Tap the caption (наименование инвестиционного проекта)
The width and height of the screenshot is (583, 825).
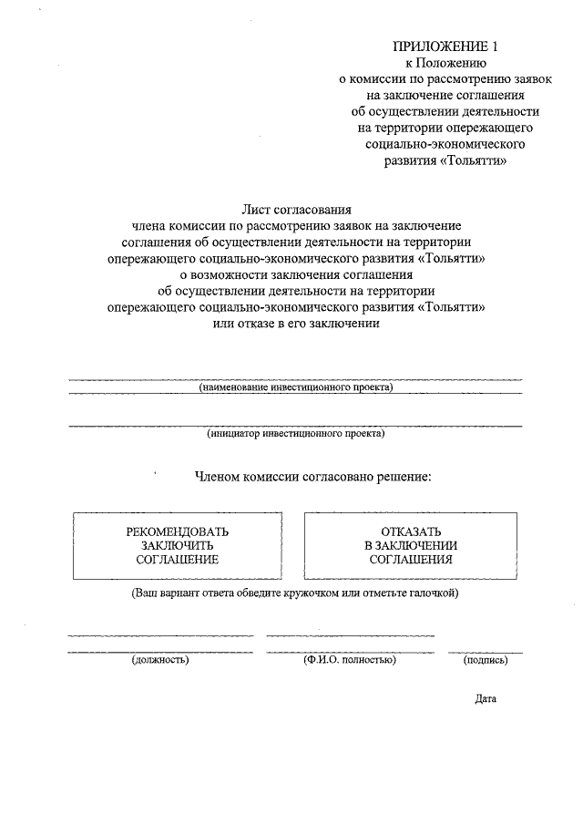pyautogui.click(x=295, y=387)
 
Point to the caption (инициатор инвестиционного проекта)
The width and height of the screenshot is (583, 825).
pyautogui.click(x=295, y=434)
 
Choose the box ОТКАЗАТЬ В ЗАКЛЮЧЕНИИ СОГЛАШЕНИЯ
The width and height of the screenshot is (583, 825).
pyautogui.click(x=411, y=546)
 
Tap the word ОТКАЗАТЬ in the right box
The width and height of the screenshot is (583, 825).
pyautogui.click(x=411, y=531)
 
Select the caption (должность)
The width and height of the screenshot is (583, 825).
pyautogui.click(x=159, y=660)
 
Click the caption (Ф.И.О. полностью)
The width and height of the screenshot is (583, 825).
pyautogui.click(x=350, y=660)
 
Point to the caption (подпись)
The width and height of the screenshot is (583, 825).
pyautogui.click(x=486, y=660)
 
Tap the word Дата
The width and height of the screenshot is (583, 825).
pyautogui.click(x=485, y=700)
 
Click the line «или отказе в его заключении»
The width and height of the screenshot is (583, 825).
pyautogui.click(x=295, y=323)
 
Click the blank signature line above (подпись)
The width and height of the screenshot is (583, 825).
pyautogui.click(x=486, y=652)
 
